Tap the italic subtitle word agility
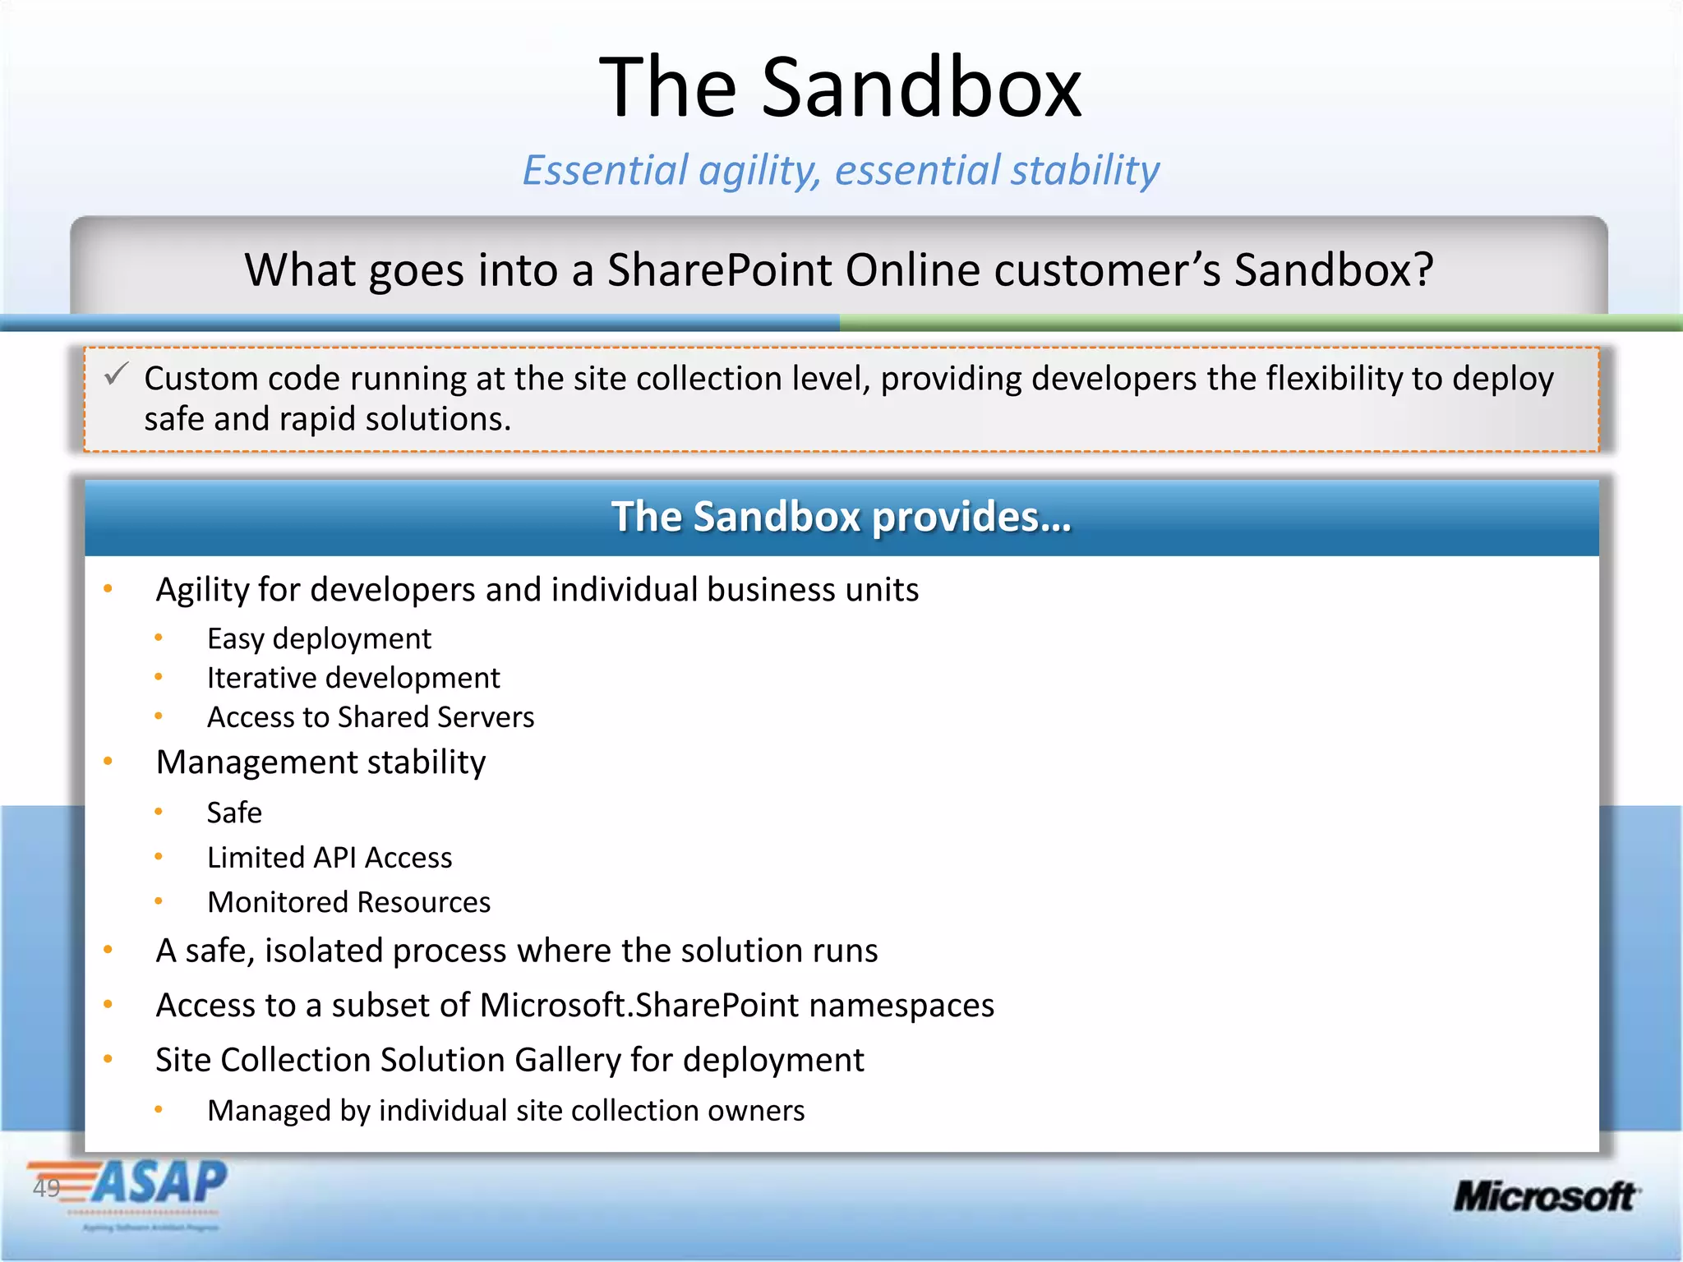click(x=758, y=171)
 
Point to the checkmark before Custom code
click(x=116, y=375)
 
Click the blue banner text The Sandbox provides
click(x=841, y=517)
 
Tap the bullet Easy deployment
click(x=319, y=638)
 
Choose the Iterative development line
click(x=353, y=678)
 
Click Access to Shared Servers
click(x=371, y=717)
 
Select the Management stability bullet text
click(x=320, y=762)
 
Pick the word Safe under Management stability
click(x=234, y=813)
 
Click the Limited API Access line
click(x=330, y=858)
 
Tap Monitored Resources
click(x=348, y=902)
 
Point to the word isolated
click(x=324, y=951)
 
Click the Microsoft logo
click(x=1545, y=1196)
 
